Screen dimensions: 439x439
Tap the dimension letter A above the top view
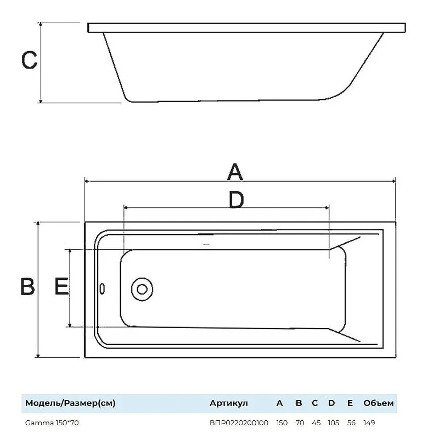tap(235, 172)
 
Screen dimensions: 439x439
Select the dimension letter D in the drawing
tap(237, 200)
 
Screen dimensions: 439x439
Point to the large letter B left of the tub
tap(28, 286)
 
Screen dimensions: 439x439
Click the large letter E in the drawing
tap(61, 286)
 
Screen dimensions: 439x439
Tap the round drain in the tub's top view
tap(142, 289)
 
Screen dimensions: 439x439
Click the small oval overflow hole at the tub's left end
tap(102, 289)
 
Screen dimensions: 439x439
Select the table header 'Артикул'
tap(228, 403)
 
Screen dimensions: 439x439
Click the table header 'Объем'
tap(379, 403)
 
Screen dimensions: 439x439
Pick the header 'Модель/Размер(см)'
tap(70, 403)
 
